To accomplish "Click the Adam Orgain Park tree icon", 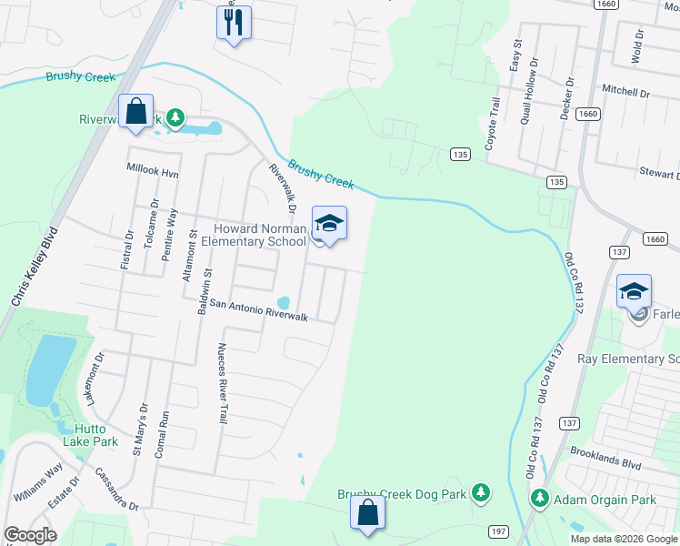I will [540, 499].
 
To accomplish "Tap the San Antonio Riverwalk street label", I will [259, 311].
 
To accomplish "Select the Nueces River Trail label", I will [221, 383].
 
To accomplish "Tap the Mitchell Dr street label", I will [626, 93].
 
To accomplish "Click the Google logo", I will [30, 535].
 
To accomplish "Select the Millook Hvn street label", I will [152, 169].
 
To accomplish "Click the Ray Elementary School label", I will [628, 359].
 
